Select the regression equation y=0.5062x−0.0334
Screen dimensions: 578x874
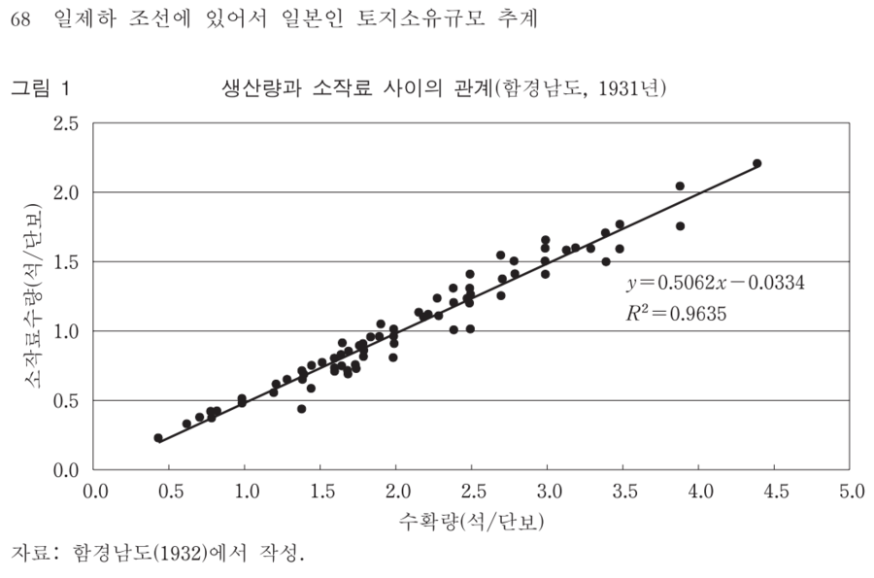(x=716, y=284)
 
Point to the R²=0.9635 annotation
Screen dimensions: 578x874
(x=677, y=314)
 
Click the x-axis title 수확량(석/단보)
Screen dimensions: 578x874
(x=472, y=521)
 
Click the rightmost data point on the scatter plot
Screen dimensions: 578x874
(x=757, y=163)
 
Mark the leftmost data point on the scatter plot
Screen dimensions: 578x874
(x=158, y=438)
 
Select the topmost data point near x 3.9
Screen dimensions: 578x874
(x=680, y=186)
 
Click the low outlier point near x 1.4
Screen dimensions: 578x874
(x=302, y=409)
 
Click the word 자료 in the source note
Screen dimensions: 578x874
(x=29, y=555)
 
